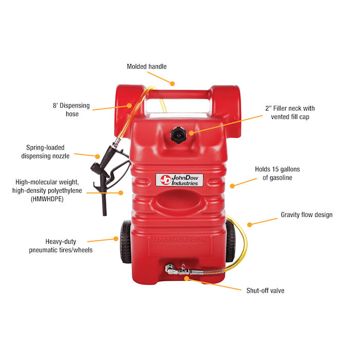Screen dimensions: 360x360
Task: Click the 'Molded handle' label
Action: [147, 66]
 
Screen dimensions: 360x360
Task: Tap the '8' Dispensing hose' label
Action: [71, 110]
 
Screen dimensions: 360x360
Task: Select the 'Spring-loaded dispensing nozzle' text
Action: [45, 152]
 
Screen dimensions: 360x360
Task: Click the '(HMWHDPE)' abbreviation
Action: [47, 199]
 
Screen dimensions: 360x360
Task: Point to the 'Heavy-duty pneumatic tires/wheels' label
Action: [61, 246]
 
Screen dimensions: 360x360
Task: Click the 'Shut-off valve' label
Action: [265, 291]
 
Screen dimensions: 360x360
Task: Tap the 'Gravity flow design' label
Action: [307, 215]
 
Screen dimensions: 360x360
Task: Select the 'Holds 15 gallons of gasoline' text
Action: [277, 173]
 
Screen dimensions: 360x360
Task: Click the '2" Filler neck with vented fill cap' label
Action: [290, 113]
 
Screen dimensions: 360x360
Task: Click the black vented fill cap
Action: [178, 135]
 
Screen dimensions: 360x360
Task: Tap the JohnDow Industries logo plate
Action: [179, 180]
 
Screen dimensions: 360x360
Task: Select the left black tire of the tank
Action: [125, 242]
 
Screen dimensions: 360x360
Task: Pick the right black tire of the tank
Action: [230, 241]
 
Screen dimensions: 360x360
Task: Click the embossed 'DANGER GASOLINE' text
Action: [180, 240]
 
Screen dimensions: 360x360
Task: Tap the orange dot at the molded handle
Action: [172, 83]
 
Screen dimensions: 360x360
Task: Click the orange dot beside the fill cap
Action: [191, 133]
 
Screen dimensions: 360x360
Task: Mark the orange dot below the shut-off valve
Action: [187, 279]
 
